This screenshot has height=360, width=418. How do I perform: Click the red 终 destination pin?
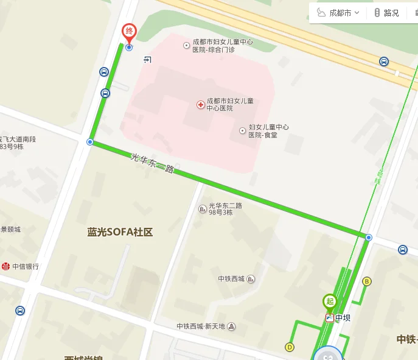(128, 32)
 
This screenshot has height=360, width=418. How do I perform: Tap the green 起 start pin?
(329, 301)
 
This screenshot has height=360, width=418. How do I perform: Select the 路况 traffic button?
(386, 13)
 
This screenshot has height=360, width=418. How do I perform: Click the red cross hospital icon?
(200, 105)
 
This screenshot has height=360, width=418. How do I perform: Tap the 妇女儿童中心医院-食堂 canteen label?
(268, 131)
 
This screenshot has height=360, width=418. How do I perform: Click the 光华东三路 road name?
(152, 164)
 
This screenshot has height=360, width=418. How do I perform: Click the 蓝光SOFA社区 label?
(119, 232)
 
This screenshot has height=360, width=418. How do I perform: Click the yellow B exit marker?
(366, 281)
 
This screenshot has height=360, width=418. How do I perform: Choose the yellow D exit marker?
(290, 347)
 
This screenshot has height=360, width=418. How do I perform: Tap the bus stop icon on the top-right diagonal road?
(384, 62)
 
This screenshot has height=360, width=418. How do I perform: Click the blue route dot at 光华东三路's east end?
(369, 237)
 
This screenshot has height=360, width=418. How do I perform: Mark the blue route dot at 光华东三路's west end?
(90, 142)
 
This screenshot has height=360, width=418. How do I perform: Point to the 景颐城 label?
(11, 230)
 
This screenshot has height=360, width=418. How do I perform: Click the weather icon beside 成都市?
(321, 13)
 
